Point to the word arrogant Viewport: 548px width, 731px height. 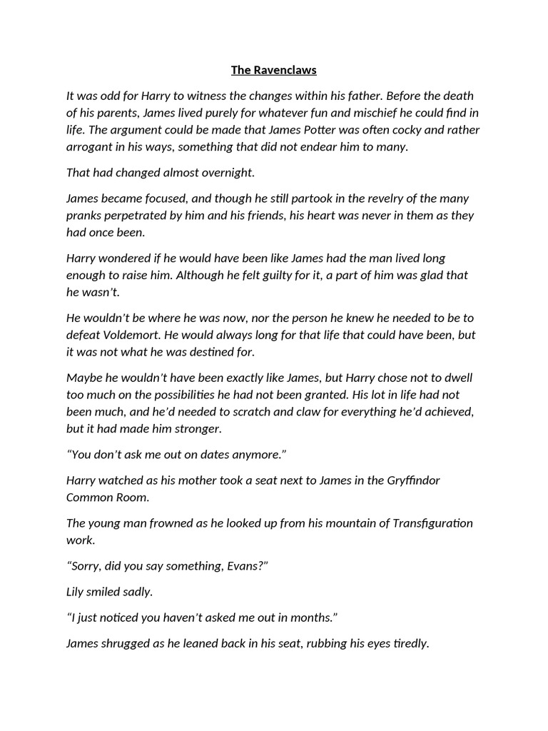point(91,147)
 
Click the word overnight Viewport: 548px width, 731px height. point(221,173)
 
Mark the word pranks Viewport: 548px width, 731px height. point(84,216)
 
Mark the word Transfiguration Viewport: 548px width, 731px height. point(432,523)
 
